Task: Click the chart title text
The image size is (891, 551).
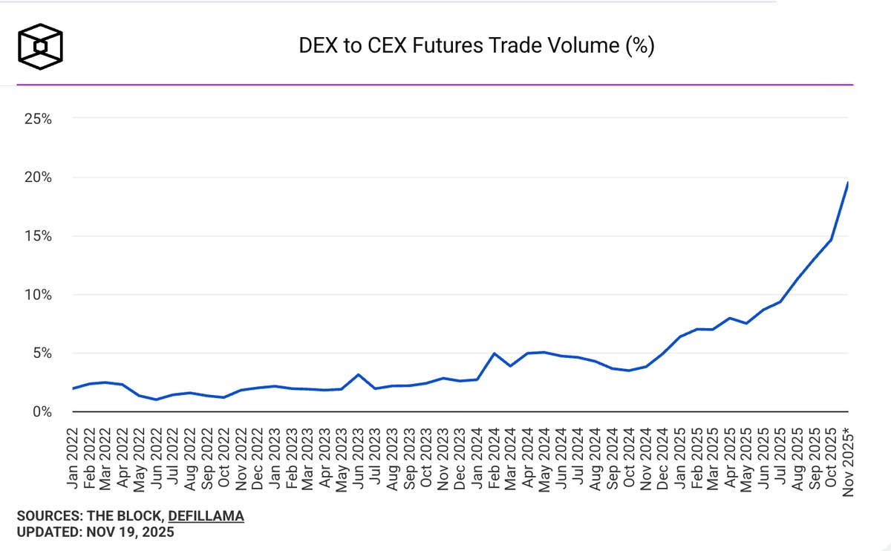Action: tap(476, 46)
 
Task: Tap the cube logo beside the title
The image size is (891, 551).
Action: tap(41, 45)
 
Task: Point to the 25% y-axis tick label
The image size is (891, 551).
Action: tap(36, 119)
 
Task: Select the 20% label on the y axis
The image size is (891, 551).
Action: tap(36, 177)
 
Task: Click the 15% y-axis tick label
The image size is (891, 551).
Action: tap(36, 236)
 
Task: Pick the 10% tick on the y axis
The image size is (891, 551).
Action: tap(36, 295)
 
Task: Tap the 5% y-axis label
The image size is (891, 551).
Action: tap(40, 353)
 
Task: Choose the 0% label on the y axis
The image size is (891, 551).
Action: tap(40, 412)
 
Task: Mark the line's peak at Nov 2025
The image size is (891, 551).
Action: tap(848, 183)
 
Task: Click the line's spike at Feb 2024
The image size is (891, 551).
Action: tap(494, 353)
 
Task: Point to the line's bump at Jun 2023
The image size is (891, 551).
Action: tap(358, 374)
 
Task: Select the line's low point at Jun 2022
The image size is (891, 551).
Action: tap(156, 400)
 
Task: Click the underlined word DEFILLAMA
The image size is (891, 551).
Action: tap(206, 516)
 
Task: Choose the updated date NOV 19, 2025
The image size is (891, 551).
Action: tap(131, 532)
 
